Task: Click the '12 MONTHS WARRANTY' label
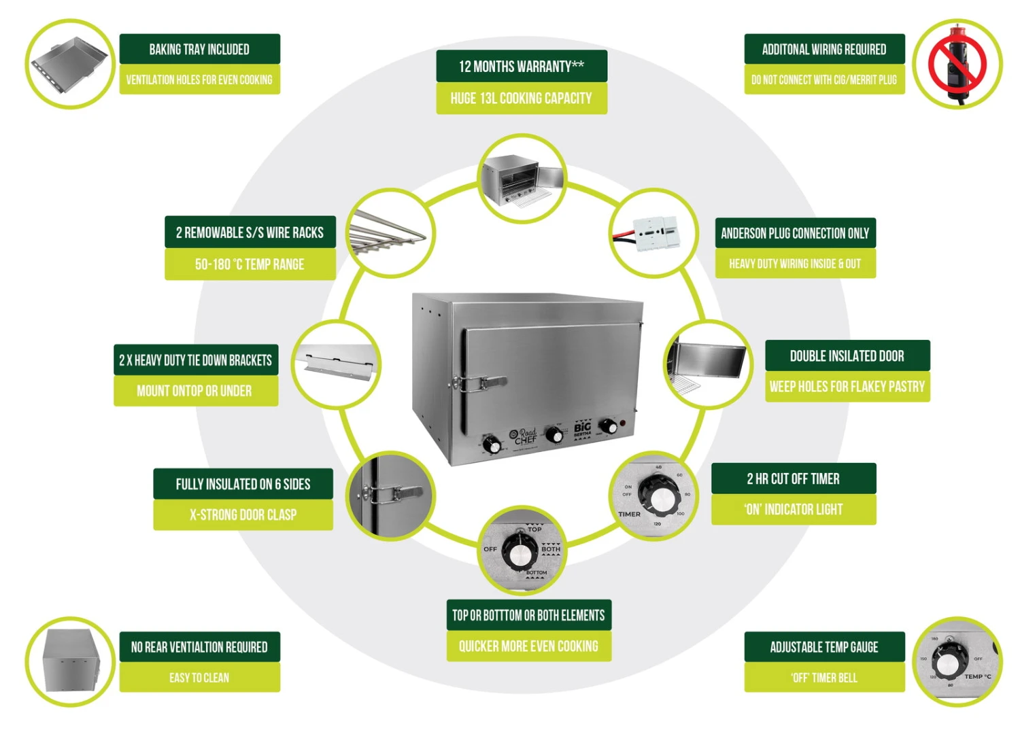click(522, 66)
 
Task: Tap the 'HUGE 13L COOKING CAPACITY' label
click(522, 98)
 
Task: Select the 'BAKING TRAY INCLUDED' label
click(199, 49)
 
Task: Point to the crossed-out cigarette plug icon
click(957, 63)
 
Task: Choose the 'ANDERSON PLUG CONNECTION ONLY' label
click(795, 233)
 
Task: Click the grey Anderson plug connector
click(656, 234)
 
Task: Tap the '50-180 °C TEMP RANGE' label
click(250, 264)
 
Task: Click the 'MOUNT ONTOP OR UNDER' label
click(194, 391)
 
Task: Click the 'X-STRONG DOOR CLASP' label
click(243, 515)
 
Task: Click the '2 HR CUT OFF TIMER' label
click(793, 479)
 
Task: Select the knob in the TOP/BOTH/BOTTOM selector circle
click(520, 553)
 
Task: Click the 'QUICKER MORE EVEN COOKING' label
click(528, 646)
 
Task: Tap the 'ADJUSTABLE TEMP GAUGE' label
click(823, 647)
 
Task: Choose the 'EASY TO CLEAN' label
click(199, 678)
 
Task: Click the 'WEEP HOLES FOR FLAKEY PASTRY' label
click(847, 387)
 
